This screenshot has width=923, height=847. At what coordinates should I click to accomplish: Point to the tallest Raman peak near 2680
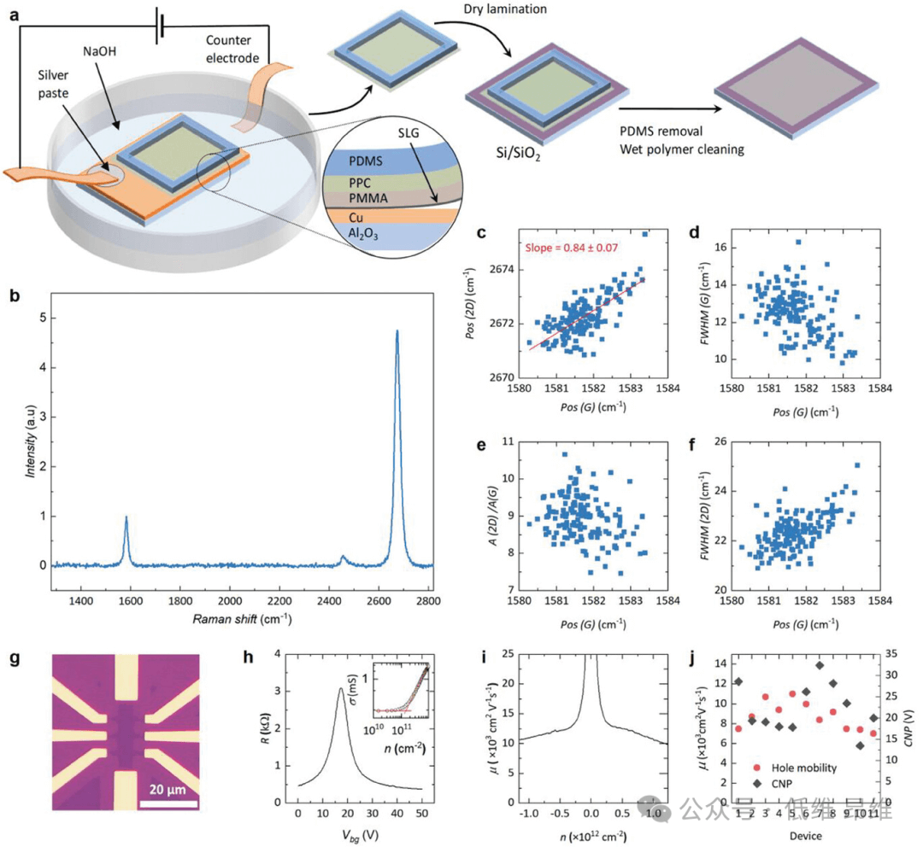coord(397,331)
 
